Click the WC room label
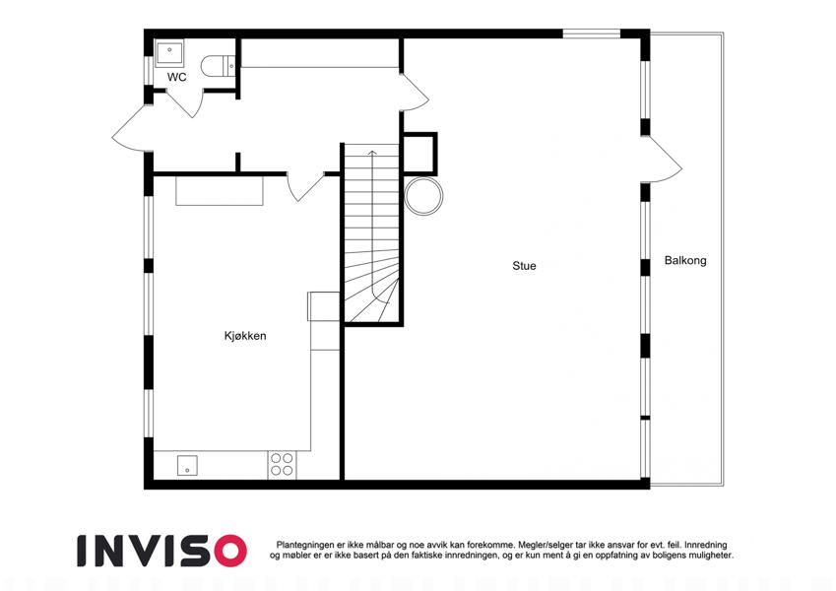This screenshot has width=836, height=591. click(x=176, y=78)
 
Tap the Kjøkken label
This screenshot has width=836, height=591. click(x=245, y=336)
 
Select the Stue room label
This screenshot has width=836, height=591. click(x=524, y=266)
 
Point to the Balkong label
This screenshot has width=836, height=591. click(x=685, y=261)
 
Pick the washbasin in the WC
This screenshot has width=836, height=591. click(x=169, y=54)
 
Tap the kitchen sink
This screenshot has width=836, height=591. click(x=187, y=466)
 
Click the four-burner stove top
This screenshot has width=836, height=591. click(x=282, y=464)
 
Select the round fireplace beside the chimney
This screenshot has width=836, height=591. click(x=423, y=196)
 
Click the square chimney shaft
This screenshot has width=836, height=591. click(x=418, y=154)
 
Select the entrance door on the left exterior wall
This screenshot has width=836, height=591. click(x=130, y=129)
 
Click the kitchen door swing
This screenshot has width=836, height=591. click(x=305, y=187)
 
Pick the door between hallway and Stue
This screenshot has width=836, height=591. click(x=415, y=92)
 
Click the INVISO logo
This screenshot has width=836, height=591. click(x=162, y=551)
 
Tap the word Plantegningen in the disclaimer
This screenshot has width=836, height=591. click(x=305, y=545)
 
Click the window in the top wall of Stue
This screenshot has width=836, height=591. click(x=592, y=33)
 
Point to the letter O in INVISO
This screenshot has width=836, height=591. click(x=230, y=551)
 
